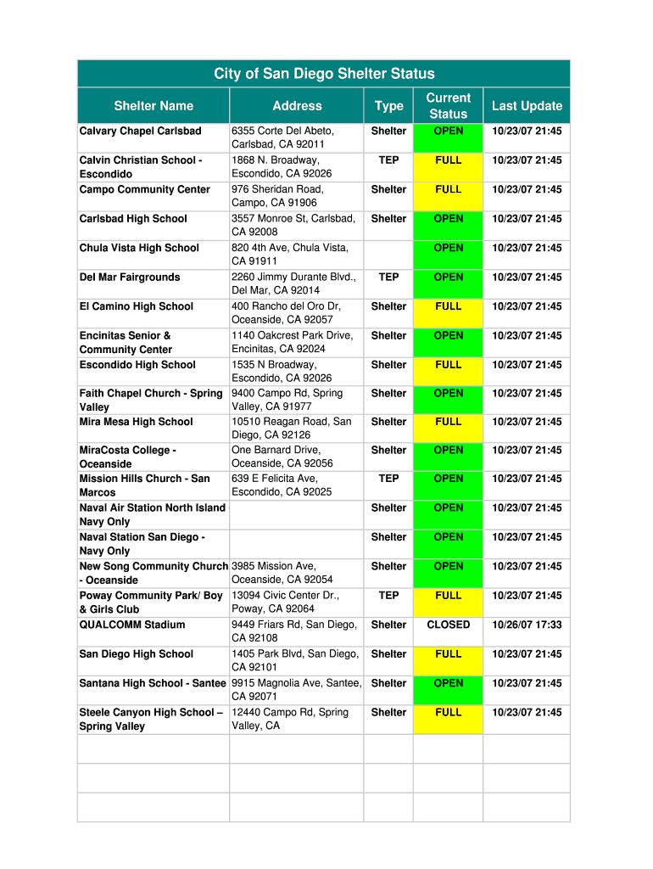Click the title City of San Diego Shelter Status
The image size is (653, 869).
324,74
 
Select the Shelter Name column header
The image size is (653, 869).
153,106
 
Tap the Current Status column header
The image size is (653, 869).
448,106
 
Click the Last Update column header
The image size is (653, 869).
527,106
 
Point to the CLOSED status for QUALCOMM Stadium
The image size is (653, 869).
448,625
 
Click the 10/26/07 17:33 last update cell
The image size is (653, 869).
527,625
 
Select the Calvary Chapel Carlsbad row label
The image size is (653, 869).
141,132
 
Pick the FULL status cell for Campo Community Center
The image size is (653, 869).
448,189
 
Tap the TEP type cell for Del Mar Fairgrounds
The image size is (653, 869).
388,277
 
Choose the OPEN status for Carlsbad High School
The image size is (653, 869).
448,219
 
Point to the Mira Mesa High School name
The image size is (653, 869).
137,422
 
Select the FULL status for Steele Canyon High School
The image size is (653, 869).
448,713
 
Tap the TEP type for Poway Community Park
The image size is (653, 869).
388,596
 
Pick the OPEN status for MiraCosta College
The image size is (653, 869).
448,451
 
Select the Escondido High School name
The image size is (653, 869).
137,365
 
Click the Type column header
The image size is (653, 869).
388,106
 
